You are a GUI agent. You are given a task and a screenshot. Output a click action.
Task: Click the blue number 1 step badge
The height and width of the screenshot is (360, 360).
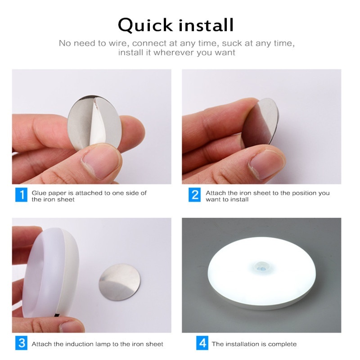coord(21,195)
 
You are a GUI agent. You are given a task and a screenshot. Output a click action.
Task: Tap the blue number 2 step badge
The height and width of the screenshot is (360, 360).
coord(194,195)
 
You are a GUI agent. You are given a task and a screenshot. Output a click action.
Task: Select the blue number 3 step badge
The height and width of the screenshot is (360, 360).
coord(21,343)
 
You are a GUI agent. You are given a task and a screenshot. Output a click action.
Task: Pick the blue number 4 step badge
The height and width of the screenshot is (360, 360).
coord(202,343)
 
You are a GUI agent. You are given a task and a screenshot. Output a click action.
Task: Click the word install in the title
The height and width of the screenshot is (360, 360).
coord(206,25)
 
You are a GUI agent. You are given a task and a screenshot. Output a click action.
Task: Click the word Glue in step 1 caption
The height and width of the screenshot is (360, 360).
coord(39,193)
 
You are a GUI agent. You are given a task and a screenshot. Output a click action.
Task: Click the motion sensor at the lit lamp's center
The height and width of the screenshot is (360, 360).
coord(262,266)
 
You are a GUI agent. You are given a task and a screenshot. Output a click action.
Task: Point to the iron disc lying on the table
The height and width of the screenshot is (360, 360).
coord(119,282)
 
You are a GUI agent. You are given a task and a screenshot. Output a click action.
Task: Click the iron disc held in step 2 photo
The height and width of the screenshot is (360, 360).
coord(261,123)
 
